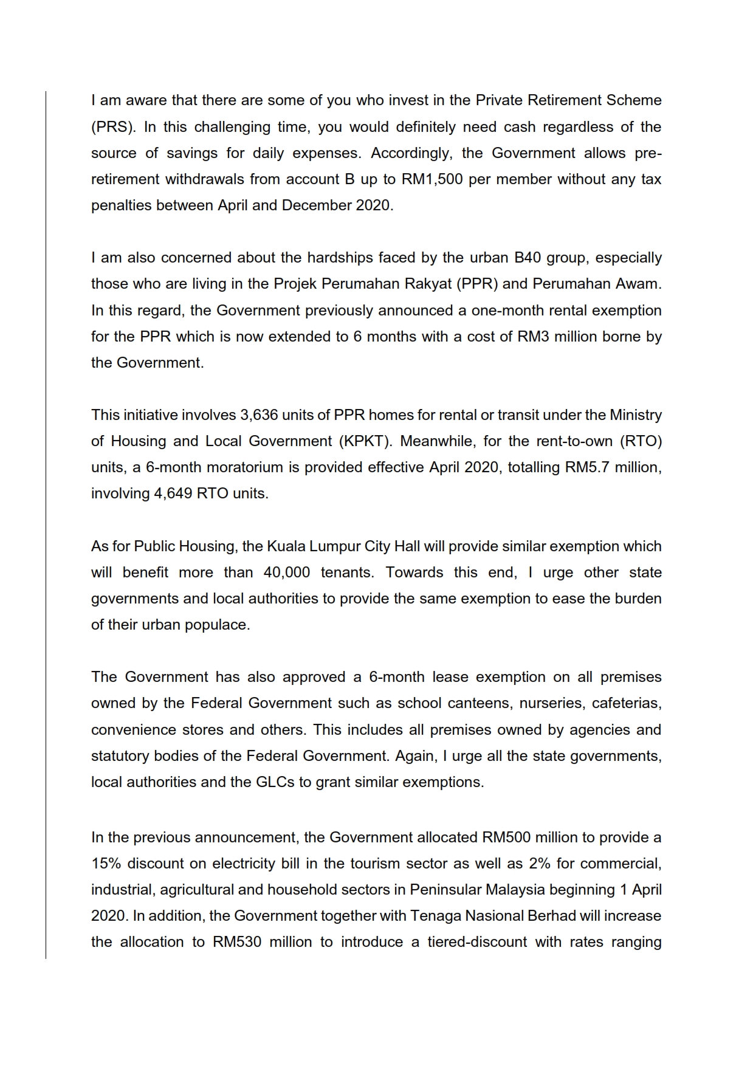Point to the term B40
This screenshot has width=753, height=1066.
point(528,258)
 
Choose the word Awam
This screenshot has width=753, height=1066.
point(635,284)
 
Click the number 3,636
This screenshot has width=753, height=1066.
point(258,415)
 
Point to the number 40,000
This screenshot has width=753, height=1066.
point(287,573)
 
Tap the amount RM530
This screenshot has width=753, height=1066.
point(237,942)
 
